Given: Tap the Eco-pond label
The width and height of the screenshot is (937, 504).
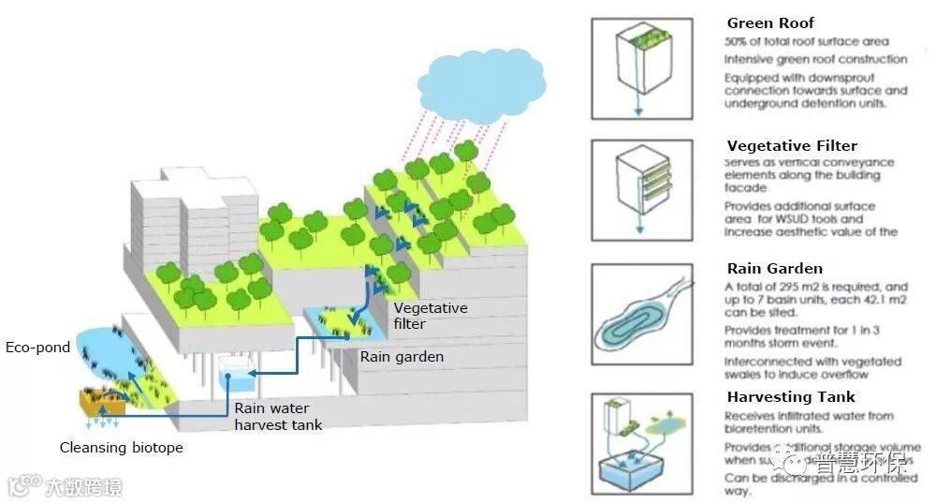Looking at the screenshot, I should [38, 348].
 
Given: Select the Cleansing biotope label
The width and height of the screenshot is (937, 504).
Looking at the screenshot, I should [122, 447].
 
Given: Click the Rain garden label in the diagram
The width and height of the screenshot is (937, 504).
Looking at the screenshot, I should [402, 357].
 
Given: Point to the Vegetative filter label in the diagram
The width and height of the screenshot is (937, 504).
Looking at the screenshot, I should [430, 316].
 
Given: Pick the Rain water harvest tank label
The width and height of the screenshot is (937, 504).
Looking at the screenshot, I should [278, 416].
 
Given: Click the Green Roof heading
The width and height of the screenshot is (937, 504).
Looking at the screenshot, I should [770, 23].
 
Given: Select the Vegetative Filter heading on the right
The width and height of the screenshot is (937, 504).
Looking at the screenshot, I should [792, 146].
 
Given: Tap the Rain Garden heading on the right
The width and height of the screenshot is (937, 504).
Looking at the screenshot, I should [774, 269].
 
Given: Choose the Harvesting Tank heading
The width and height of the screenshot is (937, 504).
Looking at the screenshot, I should [791, 397].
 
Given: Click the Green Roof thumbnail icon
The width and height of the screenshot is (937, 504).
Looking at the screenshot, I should [641, 68].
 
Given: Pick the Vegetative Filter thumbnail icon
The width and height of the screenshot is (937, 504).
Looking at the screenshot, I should [641, 190].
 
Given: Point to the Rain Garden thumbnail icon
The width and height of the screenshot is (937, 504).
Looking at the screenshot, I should [641, 314].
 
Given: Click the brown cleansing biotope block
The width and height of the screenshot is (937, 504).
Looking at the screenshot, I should [101, 403].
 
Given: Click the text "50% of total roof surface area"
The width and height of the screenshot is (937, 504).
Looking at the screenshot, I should [806, 42].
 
